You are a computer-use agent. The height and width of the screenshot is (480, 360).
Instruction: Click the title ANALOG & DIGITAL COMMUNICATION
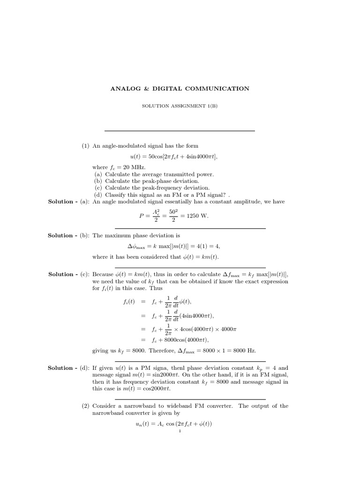click(x=180, y=88)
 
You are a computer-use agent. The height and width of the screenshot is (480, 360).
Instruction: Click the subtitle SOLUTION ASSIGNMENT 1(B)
click(x=180, y=106)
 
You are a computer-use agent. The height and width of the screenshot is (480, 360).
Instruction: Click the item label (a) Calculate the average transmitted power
click(x=154, y=174)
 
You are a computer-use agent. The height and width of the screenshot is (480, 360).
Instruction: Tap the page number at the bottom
click(x=180, y=431)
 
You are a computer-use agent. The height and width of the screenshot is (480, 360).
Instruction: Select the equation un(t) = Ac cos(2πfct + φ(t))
click(x=171, y=424)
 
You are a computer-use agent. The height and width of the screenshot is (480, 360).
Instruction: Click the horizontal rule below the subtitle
click(x=180, y=131)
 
